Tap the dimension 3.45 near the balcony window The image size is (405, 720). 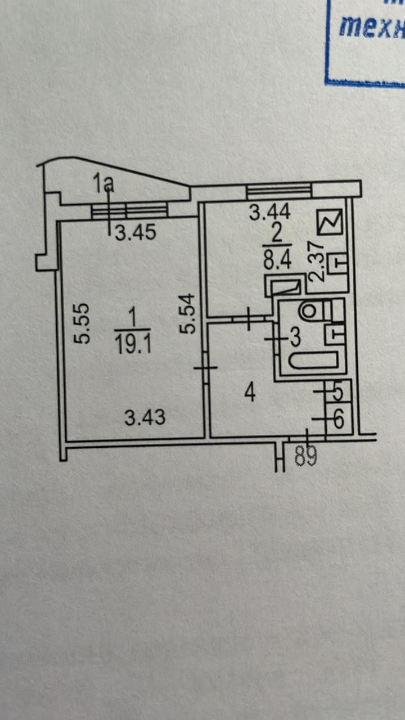point(136,232)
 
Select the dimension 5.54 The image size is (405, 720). point(190,314)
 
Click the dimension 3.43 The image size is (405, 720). point(145,417)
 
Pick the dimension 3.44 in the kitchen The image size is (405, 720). point(270,213)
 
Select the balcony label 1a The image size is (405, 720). point(104,183)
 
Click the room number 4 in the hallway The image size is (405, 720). point(250,393)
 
